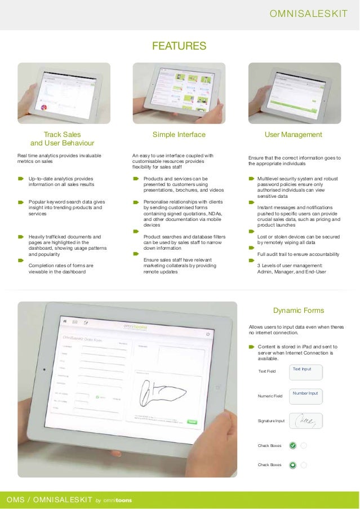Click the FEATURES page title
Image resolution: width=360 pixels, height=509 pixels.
(x=179, y=46)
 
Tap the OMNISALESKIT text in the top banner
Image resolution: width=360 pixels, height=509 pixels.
(x=309, y=13)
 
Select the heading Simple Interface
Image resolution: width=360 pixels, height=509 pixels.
(x=179, y=135)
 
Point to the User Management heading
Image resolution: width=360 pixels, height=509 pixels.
(x=293, y=135)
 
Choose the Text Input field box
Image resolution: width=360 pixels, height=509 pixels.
(x=306, y=371)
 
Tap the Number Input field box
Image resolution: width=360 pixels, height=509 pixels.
(x=306, y=396)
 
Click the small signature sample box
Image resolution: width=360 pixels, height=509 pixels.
(x=306, y=421)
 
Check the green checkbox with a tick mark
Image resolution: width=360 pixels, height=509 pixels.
(x=292, y=445)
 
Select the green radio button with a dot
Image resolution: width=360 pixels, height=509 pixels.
(x=292, y=465)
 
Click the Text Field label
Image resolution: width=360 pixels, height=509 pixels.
(x=266, y=371)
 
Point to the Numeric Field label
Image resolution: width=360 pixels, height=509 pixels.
(x=270, y=396)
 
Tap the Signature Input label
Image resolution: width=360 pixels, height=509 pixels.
(x=271, y=421)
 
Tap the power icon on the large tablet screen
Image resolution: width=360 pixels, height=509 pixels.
(x=208, y=333)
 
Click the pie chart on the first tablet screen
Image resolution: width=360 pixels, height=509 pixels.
(x=43, y=107)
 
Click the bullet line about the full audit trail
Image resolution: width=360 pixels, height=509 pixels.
(x=298, y=254)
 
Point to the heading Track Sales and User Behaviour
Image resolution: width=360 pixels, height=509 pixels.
(x=62, y=139)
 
